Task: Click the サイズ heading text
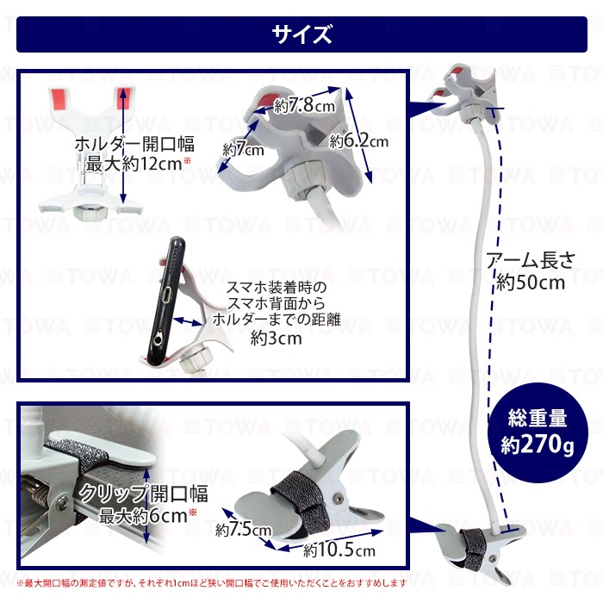(301, 34)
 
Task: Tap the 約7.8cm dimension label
(304, 105)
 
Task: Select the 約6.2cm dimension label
(358, 141)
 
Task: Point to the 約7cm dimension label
(244, 149)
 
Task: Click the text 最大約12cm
(134, 165)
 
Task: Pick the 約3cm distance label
(277, 339)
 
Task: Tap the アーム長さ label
(531, 261)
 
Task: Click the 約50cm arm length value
(531, 283)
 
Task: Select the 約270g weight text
(537, 444)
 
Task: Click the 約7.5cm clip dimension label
(244, 530)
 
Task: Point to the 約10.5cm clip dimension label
(339, 550)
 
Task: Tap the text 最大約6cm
(143, 516)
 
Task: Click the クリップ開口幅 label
(144, 494)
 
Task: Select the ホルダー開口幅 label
(134, 144)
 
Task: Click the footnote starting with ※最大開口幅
(212, 583)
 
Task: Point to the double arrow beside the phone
(189, 322)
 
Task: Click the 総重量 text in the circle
(538, 418)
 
